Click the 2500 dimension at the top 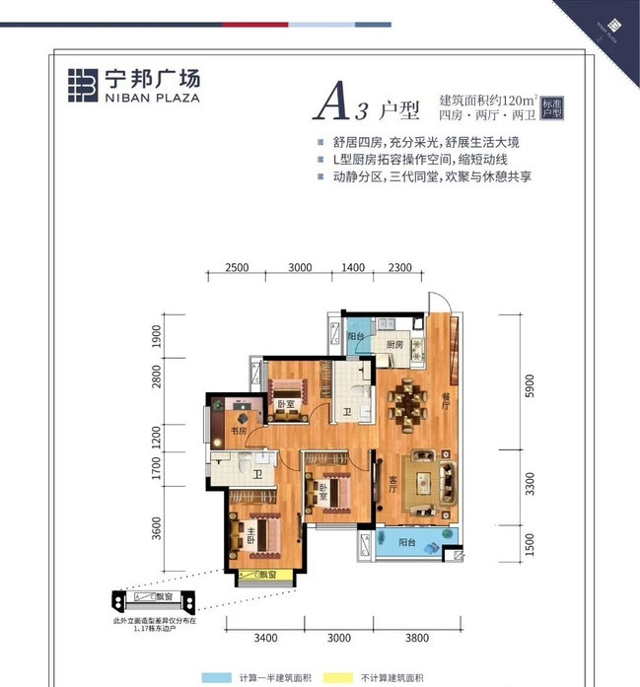pos(237,267)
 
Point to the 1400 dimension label pos(352,267)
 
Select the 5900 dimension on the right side pos(530,390)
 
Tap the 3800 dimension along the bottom pos(417,638)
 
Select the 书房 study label pos(239,431)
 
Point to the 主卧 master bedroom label pos(250,537)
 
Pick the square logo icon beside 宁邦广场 pos(82,85)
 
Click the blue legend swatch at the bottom pos(215,677)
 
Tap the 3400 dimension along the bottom pos(264,638)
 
